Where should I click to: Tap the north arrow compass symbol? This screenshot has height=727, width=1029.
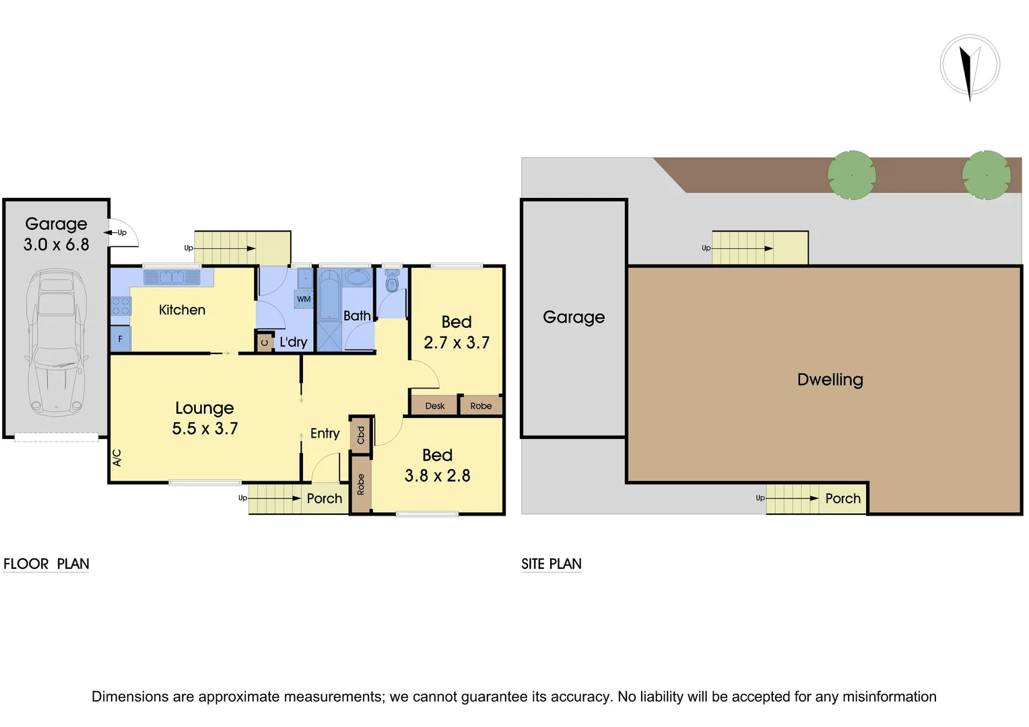point(970,66)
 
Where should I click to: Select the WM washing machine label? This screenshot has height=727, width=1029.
point(304,299)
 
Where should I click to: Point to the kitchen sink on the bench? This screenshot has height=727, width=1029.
point(171,277)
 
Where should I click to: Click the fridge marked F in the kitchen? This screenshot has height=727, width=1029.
point(121,339)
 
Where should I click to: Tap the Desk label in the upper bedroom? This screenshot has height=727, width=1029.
point(434,406)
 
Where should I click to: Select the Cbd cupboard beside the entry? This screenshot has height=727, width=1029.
point(361,434)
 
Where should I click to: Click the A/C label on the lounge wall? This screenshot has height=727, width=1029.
point(117,458)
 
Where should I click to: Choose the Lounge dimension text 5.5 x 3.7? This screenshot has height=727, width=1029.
point(205,429)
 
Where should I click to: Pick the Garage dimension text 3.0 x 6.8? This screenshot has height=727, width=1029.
point(57,245)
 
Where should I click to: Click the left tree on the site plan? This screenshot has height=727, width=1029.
point(851,175)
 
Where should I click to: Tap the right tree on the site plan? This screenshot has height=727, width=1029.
point(986,175)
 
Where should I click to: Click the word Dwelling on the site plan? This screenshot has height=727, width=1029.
point(830,380)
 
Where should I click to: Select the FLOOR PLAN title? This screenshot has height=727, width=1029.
point(46,564)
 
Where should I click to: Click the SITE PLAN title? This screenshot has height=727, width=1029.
point(551,564)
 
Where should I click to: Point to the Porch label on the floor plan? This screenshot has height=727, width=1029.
point(324,499)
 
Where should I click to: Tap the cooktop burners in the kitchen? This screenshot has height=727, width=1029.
point(121,306)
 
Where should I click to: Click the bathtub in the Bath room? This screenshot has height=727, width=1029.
point(329,296)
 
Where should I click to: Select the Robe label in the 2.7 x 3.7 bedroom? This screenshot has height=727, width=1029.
point(481,406)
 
